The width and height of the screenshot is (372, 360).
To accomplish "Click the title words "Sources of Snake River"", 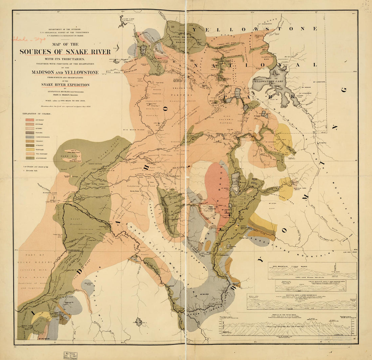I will pyautogui.click(x=65, y=52).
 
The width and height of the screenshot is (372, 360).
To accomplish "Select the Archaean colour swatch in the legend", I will pyautogui.click(x=30, y=120).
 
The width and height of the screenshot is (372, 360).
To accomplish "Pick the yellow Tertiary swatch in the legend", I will pyautogui.click(x=30, y=149).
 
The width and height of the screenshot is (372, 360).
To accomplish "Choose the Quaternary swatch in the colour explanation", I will pyautogui.click(x=30, y=158).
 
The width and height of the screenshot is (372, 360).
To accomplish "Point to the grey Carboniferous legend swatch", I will pyautogui.click(x=30, y=137).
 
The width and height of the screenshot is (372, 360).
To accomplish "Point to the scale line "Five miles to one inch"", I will pyautogui.click(x=65, y=101).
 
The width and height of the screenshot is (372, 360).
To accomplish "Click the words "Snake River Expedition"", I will pyautogui.click(x=65, y=85).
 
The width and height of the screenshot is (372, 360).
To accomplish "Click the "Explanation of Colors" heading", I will pyautogui.click(x=37, y=114).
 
